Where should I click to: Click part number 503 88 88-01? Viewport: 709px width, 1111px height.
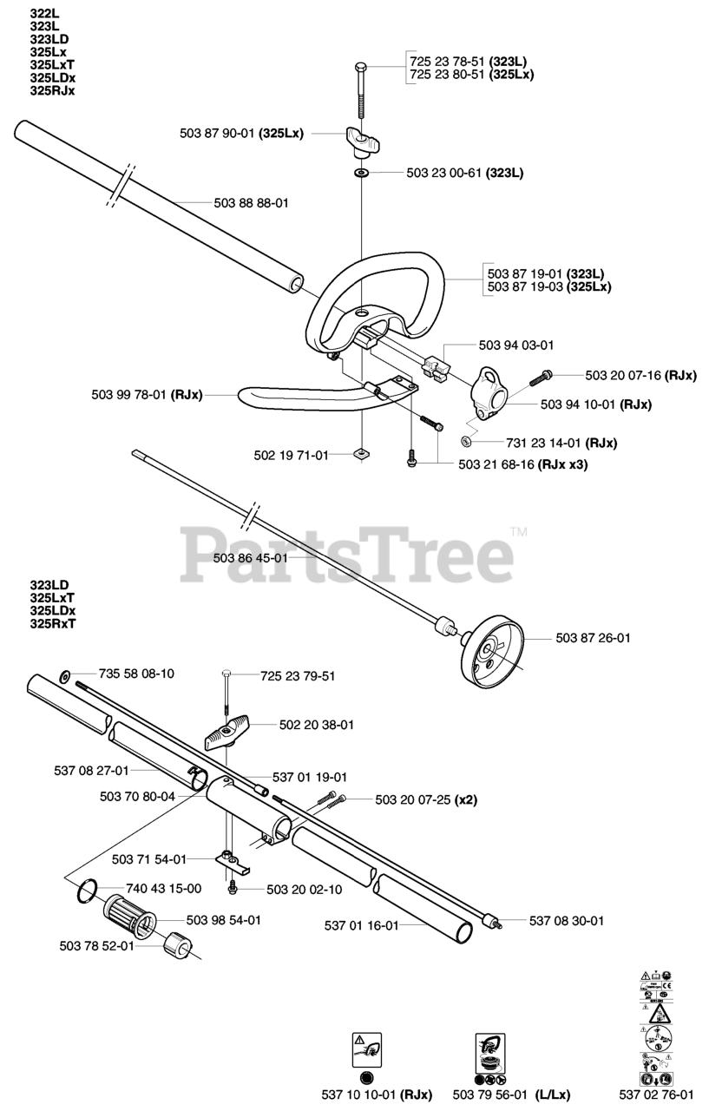(251, 202)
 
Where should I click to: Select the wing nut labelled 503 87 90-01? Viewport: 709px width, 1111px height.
(358, 140)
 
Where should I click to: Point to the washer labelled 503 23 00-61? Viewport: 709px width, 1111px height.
(359, 173)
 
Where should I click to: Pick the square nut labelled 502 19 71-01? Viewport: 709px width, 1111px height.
(359, 453)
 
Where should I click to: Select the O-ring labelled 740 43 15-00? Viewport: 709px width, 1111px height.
(84, 890)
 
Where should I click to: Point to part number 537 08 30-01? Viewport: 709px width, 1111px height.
(567, 920)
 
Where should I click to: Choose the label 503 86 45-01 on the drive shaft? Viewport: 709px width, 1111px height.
(250, 558)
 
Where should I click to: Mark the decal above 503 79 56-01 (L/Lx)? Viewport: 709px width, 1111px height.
(491, 1058)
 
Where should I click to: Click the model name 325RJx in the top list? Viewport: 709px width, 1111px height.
(52, 90)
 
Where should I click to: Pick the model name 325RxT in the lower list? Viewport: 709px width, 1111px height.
(52, 623)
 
